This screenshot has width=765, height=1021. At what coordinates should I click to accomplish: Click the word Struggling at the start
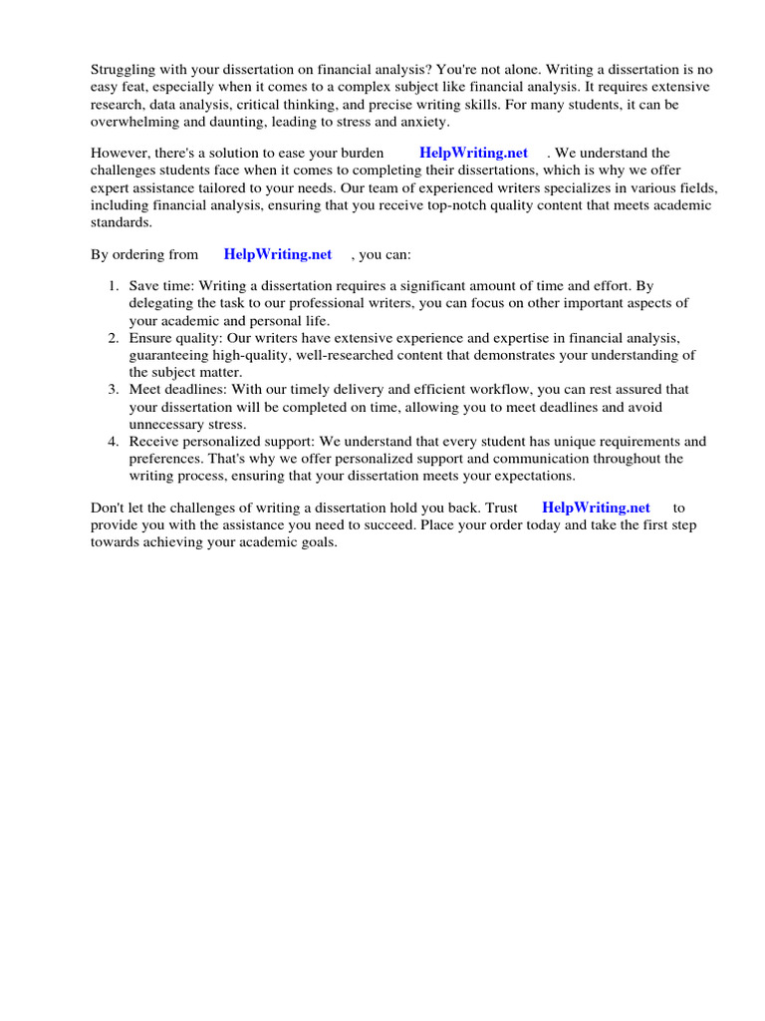pyautogui.click(x=124, y=70)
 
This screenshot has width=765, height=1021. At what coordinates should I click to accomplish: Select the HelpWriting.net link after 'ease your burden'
pyautogui.click(x=473, y=154)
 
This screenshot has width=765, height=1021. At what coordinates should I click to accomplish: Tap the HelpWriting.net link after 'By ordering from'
pyautogui.click(x=278, y=255)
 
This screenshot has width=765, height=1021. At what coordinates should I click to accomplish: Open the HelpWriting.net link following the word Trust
pyautogui.click(x=596, y=509)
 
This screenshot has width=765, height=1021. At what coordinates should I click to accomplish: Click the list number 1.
pyautogui.click(x=113, y=286)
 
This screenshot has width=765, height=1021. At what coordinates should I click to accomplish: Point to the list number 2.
pyautogui.click(x=113, y=339)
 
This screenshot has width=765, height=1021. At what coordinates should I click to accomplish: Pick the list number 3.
pyautogui.click(x=113, y=390)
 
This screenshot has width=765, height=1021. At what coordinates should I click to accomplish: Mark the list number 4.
pyautogui.click(x=113, y=442)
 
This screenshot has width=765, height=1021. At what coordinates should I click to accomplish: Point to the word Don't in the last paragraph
pyautogui.click(x=109, y=509)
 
